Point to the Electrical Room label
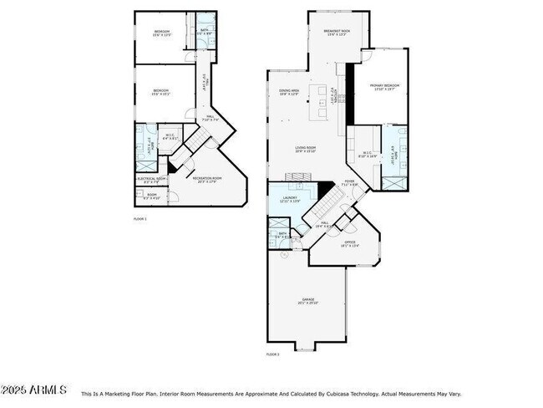[x=152, y=179]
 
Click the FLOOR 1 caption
[x=140, y=218]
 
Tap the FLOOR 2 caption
[x=272, y=354]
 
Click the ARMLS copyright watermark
[x=33, y=390]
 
